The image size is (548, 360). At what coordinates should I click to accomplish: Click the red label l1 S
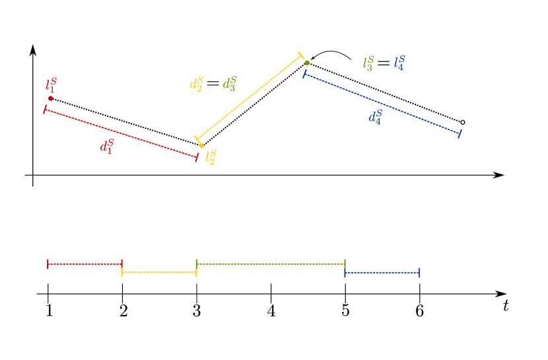(x=51, y=85)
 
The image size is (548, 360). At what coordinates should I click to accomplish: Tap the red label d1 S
(x=106, y=146)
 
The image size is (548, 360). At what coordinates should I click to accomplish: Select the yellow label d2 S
(x=195, y=84)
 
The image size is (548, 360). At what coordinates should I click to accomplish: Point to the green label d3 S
(x=229, y=84)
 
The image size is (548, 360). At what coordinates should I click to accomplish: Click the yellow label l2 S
(x=211, y=157)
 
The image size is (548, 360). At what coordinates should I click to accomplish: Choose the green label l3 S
(x=368, y=63)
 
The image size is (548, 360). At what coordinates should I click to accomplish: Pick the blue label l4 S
(x=399, y=63)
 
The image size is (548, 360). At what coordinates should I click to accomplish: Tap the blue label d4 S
(x=375, y=118)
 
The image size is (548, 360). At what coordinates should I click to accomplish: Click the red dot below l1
(x=50, y=98)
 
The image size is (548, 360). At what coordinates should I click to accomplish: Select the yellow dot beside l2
(x=201, y=145)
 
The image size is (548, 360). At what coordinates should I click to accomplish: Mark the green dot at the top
(x=307, y=63)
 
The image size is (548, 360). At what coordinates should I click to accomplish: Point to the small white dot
(x=463, y=122)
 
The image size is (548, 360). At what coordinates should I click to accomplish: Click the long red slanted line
(x=121, y=133)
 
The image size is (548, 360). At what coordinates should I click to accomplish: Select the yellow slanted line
(x=249, y=97)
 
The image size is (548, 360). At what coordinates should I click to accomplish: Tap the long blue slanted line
(x=382, y=104)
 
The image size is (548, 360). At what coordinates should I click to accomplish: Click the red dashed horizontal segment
(x=85, y=264)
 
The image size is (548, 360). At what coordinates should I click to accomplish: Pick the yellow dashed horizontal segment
(x=159, y=271)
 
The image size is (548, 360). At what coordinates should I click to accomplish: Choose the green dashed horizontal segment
(x=271, y=264)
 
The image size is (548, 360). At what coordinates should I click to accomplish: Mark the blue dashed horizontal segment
(x=382, y=271)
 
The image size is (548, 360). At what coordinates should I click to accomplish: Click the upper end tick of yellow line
(x=301, y=55)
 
